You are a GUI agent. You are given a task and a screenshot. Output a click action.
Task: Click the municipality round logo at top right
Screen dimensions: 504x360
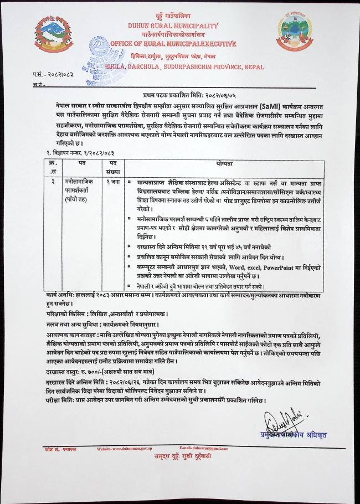pos(297,33)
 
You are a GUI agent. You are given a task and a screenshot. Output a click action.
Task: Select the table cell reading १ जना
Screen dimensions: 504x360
pos(112,181)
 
